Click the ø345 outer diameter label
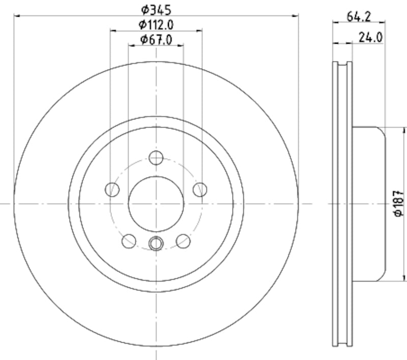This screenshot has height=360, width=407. tap(156, 9)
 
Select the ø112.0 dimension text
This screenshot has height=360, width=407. tap(156, 24)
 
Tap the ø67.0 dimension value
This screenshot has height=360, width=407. tap(156, 39)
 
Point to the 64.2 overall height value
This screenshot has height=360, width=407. tap(359, 15)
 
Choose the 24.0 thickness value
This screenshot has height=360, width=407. tap(370, 37)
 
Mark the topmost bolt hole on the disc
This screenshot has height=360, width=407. tap(156, 158)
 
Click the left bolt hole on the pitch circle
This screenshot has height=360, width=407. tap(112, 190)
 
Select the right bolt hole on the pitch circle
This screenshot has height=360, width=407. tap(200, 190)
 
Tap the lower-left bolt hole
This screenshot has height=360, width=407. tap(129, 241)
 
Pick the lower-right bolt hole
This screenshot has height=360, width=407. tap(183, 241)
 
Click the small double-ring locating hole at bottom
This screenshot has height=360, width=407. tap(156, 244)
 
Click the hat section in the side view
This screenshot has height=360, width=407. tap(369, 203)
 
